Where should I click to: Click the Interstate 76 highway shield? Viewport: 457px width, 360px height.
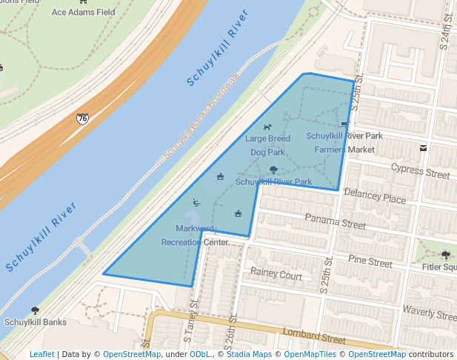pos(81,118)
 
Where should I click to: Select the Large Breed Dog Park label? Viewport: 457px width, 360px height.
pos(267,145)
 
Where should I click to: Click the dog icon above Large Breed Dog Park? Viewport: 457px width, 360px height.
pos(267,127)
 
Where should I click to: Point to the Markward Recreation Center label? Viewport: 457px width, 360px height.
pos(195,235)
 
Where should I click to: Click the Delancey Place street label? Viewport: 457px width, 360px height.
pos(376,199)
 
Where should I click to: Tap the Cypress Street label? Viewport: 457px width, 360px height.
pos(419,171)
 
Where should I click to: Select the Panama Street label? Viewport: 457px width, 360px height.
pos(336,221)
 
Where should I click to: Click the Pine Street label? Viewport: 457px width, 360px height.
pos(370,262)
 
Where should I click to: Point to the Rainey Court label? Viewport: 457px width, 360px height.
pos(276,276)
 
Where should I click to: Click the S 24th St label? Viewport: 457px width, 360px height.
pos(444,33)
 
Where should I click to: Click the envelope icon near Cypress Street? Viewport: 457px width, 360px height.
pos(423,147)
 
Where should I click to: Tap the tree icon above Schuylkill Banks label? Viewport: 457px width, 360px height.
pos(34,310)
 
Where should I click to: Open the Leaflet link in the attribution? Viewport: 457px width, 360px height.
pos(41,354)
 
